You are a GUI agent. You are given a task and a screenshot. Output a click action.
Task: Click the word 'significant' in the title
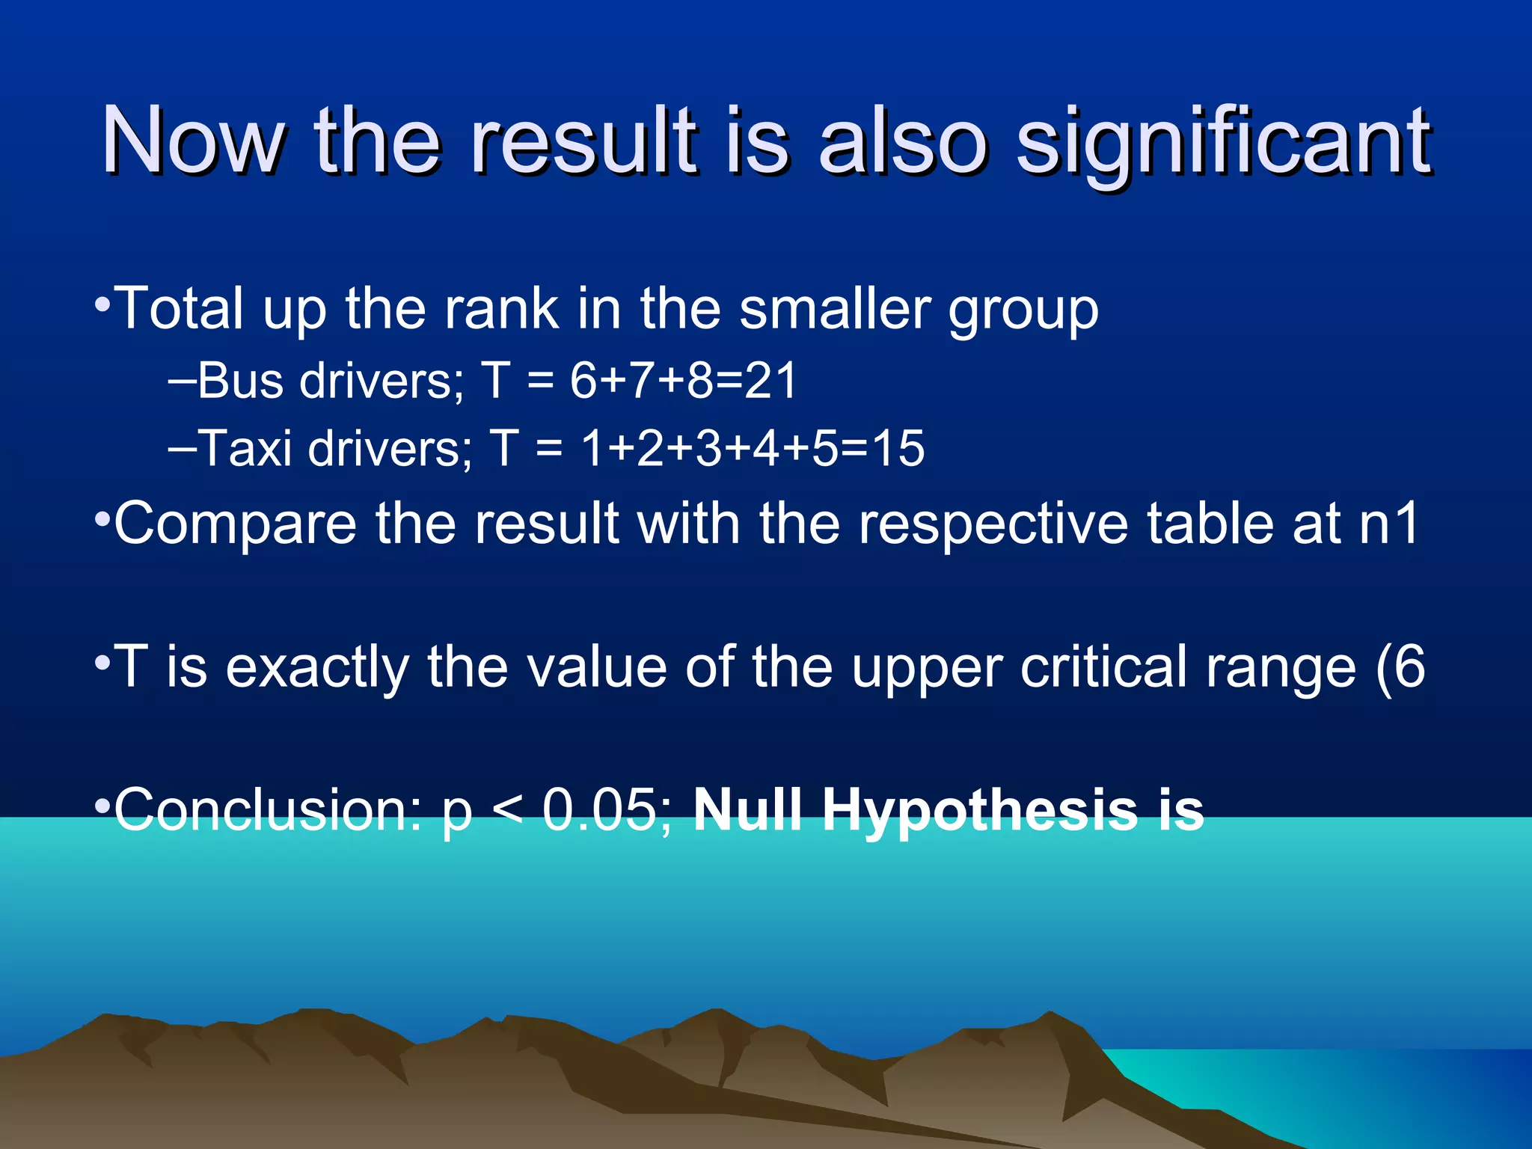[1222, 142]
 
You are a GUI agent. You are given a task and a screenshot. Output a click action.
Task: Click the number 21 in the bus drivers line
[770, 381]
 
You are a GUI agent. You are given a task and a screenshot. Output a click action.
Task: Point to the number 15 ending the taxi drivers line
[898, 449]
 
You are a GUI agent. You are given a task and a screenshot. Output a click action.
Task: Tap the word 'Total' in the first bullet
[180, 307]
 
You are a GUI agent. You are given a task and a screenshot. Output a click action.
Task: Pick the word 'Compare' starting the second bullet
[236, 524]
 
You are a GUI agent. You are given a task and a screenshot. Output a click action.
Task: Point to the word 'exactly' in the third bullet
[317, 667]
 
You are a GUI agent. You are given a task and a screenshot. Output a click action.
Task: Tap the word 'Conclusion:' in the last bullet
[268, 809]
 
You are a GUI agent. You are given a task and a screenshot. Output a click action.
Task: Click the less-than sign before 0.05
[508, 811]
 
